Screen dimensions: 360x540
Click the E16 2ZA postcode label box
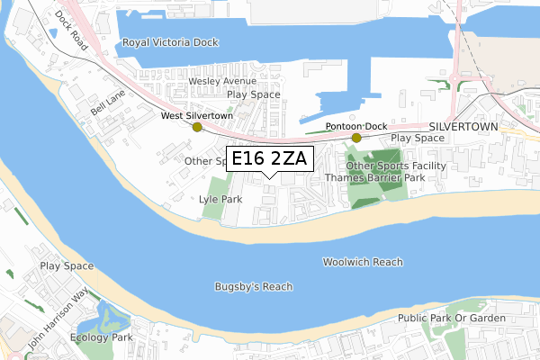(269, 159)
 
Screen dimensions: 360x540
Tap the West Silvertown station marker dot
(198, 128)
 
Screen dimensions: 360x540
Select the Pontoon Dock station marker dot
(356, 138)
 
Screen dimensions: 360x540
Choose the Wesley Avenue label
(222, 80)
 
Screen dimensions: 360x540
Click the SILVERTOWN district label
(463, 127)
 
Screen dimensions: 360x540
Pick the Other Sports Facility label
(397, 166)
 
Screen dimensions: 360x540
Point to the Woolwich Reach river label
(363, 262)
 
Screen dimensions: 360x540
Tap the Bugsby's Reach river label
(254, 286)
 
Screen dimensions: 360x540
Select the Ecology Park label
(104, 337)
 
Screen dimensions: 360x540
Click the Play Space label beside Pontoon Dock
(418, 138)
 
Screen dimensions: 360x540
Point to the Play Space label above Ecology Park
(66, 266)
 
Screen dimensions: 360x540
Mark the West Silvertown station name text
(197, 116)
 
